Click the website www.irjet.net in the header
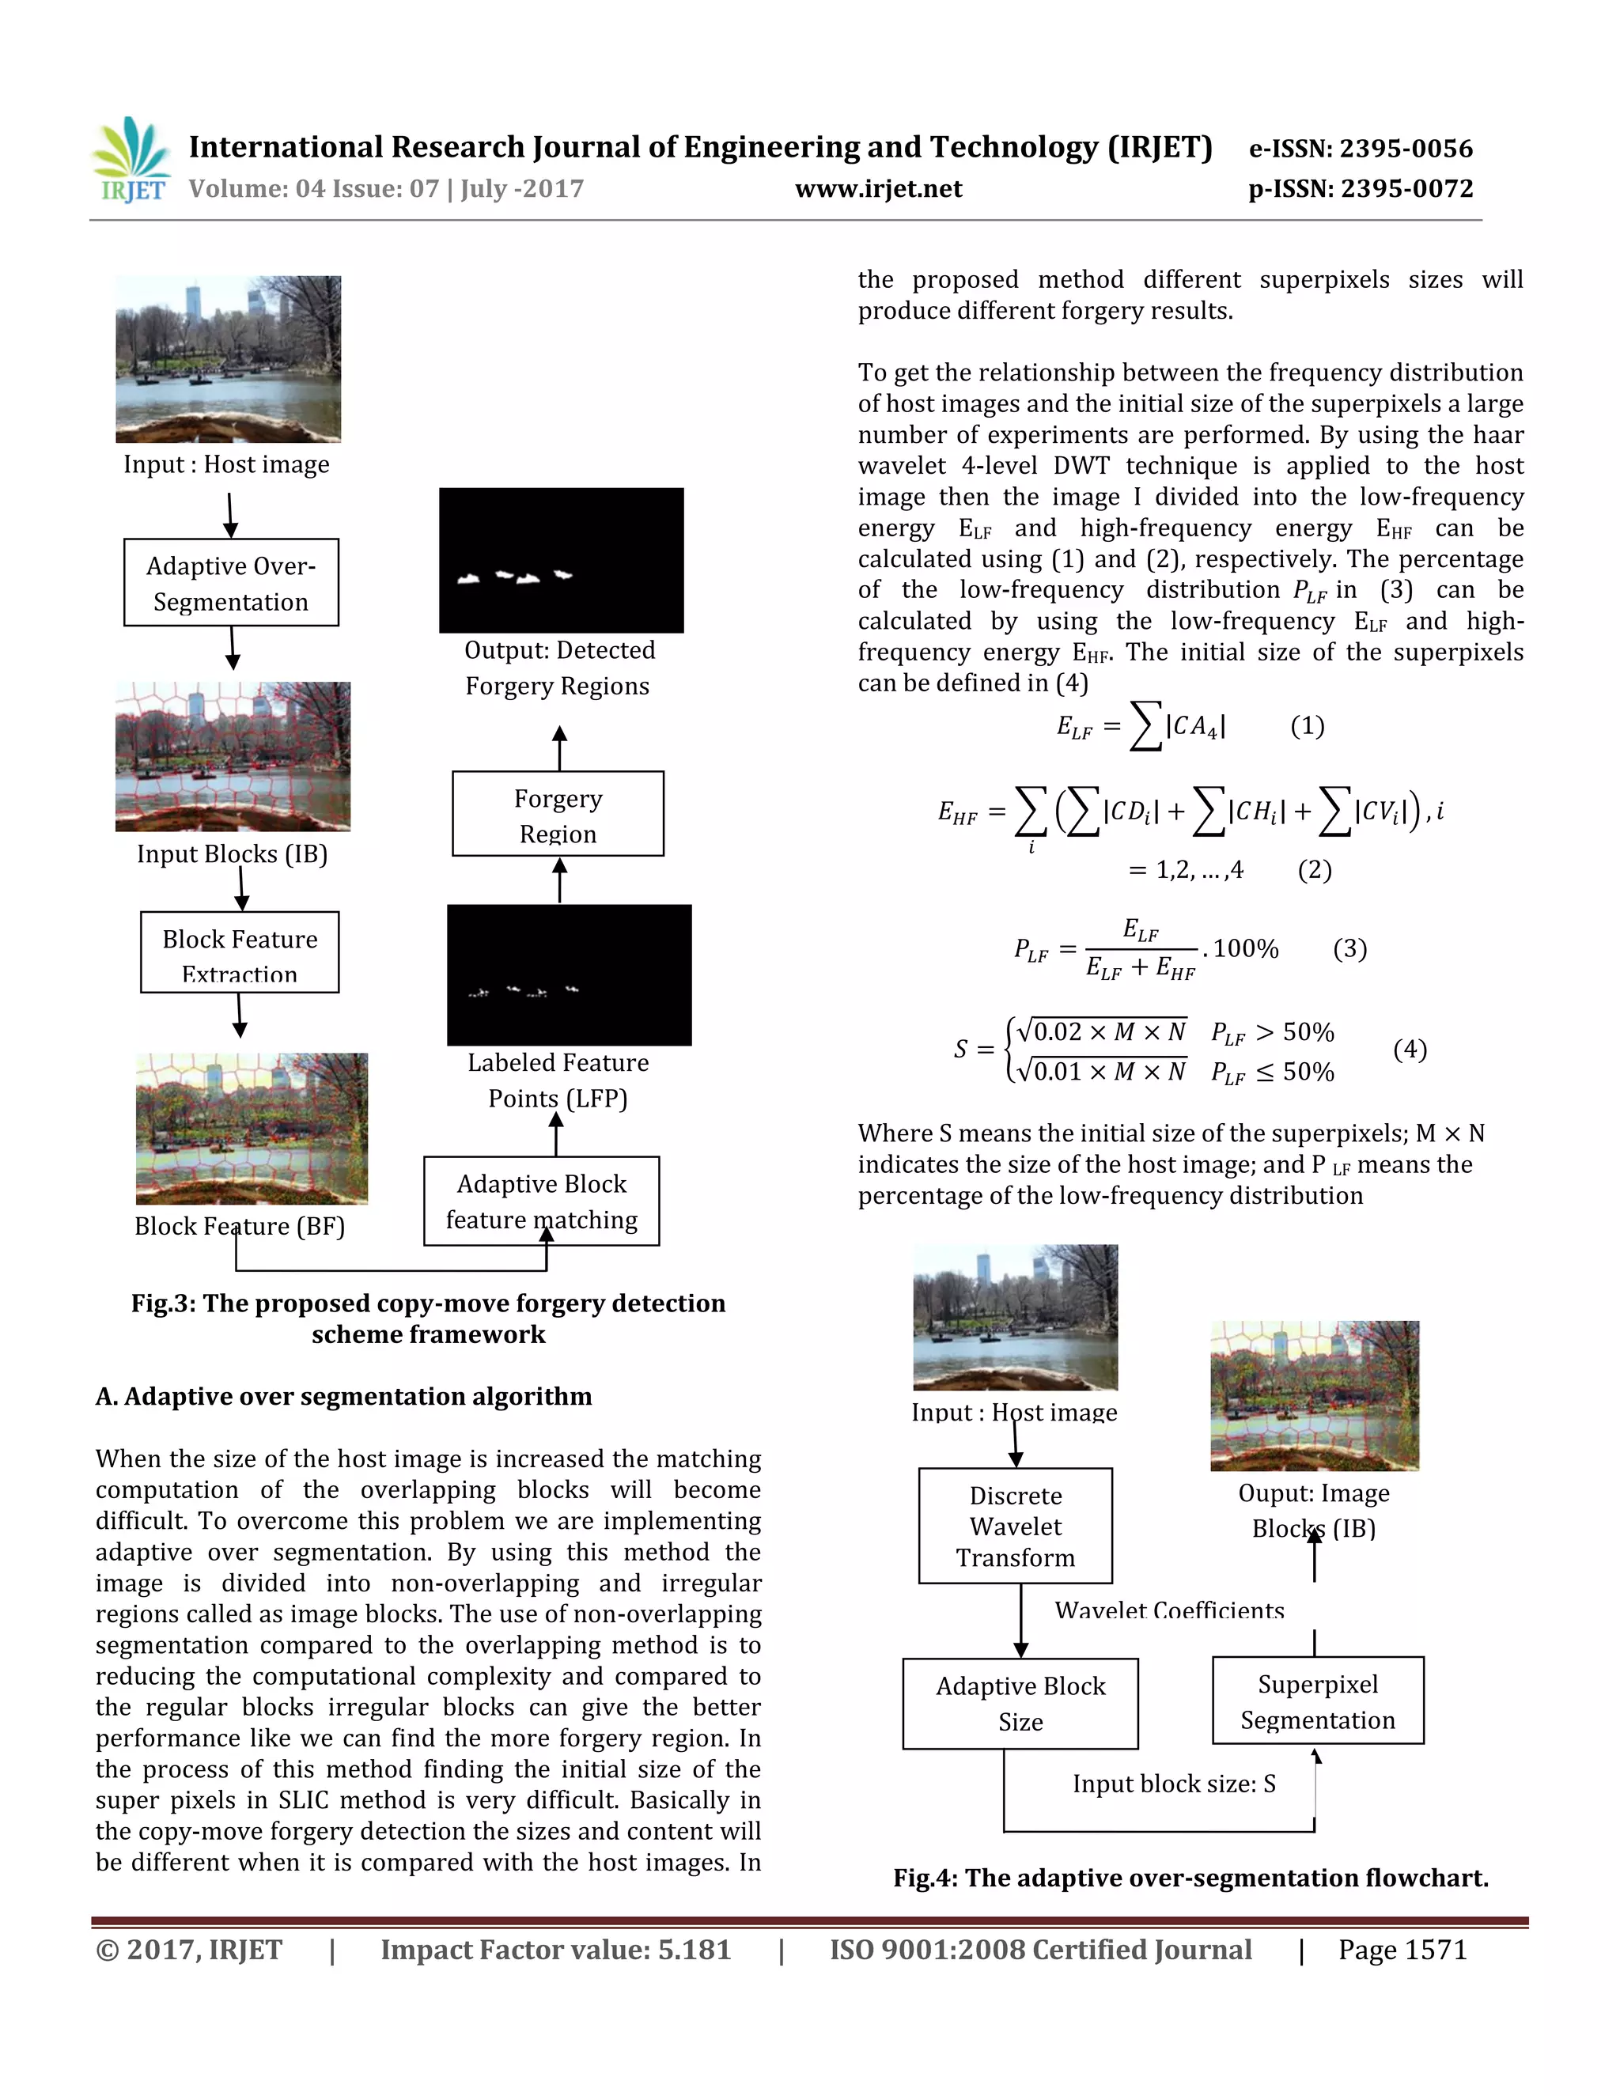point(878,189)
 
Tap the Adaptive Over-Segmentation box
point(231,583)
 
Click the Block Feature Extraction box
point(240,952)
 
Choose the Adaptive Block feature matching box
point(541,1201)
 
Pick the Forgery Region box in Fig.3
point(558,814)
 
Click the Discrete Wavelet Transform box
point(1016,1526)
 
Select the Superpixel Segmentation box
point(1318,1701)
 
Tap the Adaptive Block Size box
point(1020,1704)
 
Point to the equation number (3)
point(1349,949)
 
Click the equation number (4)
point(1410,1049)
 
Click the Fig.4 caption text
point(1190,1878)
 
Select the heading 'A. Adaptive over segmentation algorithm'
point(343,1396)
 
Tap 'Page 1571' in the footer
point(1402,1950)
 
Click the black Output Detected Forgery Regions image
point(562,561)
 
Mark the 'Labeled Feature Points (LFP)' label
point(558,1080)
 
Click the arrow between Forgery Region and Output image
point(559,747)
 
